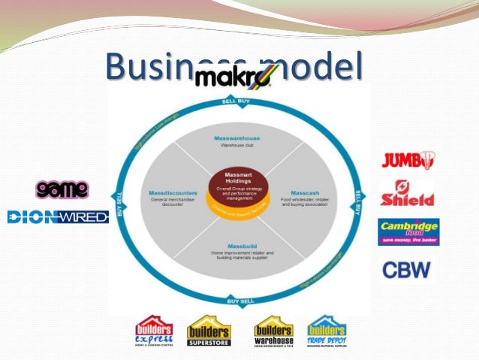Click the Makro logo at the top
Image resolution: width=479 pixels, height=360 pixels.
(x=236, y=76)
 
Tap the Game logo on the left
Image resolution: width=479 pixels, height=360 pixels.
(x=62, y=189)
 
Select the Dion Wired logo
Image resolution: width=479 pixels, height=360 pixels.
(x=58, y=217)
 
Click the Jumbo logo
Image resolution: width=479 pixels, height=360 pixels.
(x=408, y=159)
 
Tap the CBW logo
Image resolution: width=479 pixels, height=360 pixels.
(x=407, y=268)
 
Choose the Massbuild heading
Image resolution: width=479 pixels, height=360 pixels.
(x=236, y=246)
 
